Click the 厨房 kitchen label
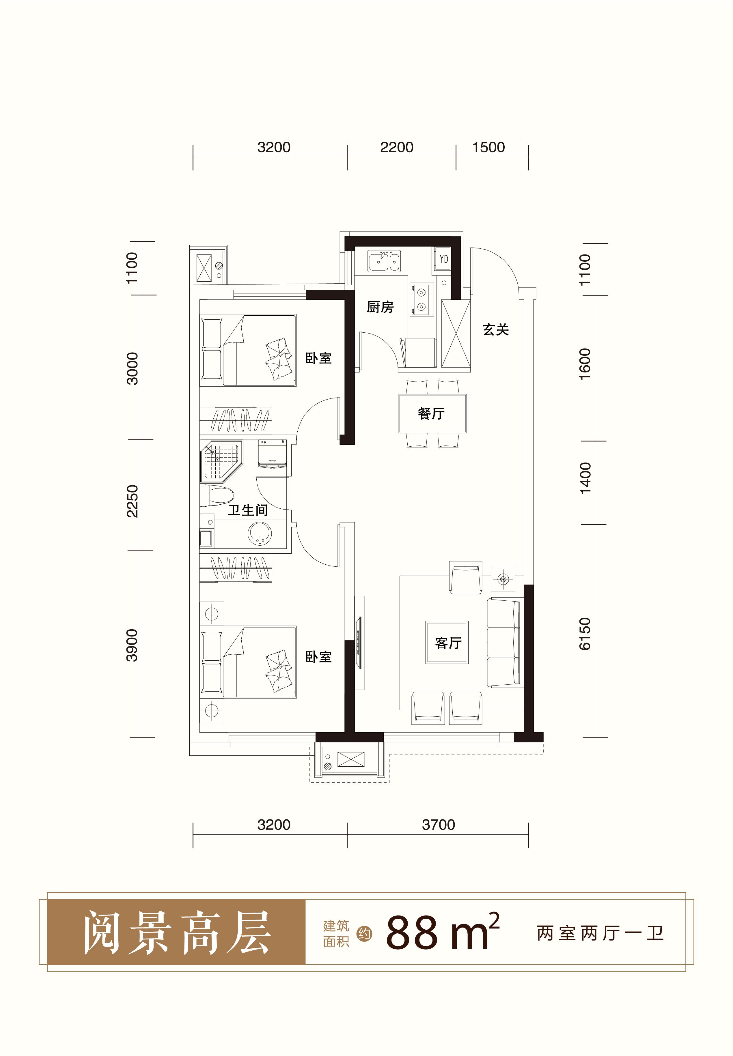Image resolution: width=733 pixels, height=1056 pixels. (x=380, y=307)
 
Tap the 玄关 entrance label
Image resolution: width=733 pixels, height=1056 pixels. (x=496, y=329)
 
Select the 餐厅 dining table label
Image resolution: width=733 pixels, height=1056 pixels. (x=431, y=413)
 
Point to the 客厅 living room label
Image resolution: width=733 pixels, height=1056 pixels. (x=448, y=643)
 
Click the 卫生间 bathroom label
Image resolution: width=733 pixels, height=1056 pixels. (x=248, y=510)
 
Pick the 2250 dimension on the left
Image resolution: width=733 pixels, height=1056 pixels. (x=132, y=501)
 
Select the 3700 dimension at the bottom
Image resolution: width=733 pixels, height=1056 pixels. (x=439, y=825)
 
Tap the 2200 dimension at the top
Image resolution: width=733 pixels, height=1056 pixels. (x=397, y=147)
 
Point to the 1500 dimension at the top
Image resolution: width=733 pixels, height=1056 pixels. (x=489, y=147)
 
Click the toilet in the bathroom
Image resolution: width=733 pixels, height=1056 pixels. (x=217, y=496)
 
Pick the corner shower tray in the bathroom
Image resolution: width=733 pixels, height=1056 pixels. (x=221, y=462)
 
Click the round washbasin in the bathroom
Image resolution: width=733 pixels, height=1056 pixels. (x=260, y=534)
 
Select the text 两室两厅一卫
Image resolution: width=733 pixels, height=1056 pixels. (x=600, y=933)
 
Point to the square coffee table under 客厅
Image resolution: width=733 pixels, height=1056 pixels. (x=447, y=643)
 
